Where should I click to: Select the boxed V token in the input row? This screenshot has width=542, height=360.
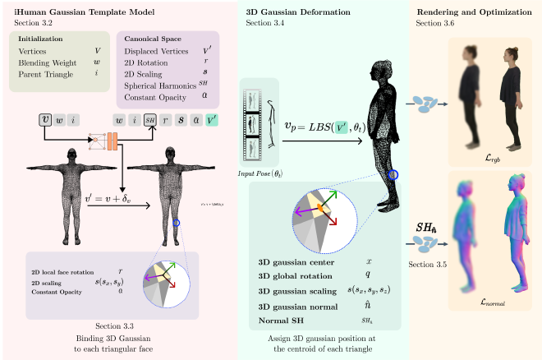pos(45,120)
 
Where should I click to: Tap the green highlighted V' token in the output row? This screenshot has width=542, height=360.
pos(213,120)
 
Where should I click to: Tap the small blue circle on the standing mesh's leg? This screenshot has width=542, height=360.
pos(393,174)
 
